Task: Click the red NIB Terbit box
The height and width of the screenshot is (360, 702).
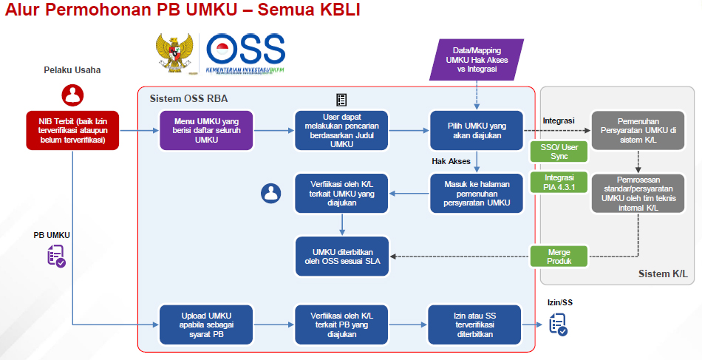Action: coord(72,129)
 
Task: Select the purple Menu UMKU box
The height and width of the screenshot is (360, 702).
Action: coord(206,129)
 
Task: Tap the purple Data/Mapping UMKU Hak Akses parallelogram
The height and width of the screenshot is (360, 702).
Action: coord(477,59)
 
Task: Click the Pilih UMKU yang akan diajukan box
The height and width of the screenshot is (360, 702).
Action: coord(477,129)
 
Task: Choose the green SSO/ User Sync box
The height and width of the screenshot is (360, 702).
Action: coord(558,152)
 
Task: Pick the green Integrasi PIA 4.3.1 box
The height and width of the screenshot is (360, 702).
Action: coord(558,183)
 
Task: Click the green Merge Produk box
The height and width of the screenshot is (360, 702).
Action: coord(558,257)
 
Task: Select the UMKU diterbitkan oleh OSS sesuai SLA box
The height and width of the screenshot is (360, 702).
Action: coord(342,257)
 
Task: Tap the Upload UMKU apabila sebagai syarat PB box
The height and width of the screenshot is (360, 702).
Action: coord(206,324)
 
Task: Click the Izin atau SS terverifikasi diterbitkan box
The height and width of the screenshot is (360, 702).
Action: coord(477,324)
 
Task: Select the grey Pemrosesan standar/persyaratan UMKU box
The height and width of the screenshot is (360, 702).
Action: coord(637,193)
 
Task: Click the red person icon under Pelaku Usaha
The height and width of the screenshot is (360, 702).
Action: coord(72,95)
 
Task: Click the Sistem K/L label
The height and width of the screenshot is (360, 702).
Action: coord(662,274)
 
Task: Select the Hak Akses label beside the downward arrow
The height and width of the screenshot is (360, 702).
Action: coord(451,160)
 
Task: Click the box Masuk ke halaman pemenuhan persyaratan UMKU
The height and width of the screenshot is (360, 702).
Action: coord(477,193)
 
